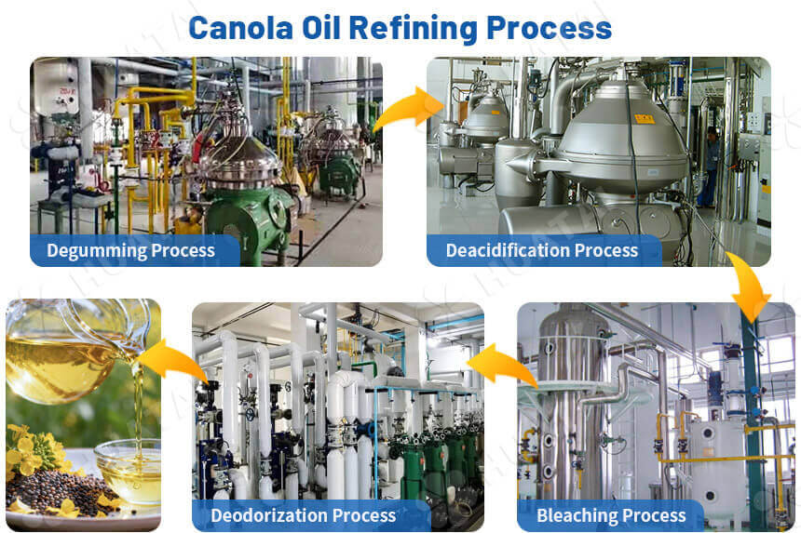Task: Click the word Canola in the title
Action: coord(240,28)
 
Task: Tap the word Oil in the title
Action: coord(321,28)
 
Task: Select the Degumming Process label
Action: coord(130,250)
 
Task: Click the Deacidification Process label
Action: coord(542,250)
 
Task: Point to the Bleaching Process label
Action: coord(611,515)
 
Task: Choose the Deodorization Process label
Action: coord(304,515)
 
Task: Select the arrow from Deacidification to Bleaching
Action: coord(750,286)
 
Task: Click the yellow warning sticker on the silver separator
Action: coord(645,119)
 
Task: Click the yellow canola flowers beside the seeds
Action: coord(32,450)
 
